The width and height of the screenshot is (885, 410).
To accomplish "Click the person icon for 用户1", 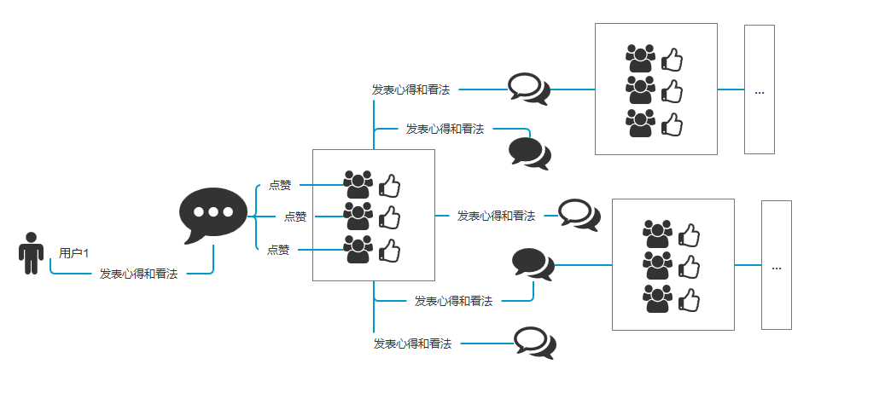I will click(32, 253).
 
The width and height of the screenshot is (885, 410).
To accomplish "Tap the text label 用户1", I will click(74, 253).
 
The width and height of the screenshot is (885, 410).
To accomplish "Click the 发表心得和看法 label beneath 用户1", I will click(138, 274).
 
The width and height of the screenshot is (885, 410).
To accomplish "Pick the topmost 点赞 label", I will click(280, 184).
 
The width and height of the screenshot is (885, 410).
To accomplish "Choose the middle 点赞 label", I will click(295, 217).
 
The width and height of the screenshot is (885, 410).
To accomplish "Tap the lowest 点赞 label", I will click(278, 250).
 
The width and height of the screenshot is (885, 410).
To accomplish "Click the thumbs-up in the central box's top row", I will click(390, 185).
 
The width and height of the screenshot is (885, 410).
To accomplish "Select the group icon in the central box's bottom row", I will click(358, 249).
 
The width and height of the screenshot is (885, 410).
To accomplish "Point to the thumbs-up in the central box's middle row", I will click(390, 217).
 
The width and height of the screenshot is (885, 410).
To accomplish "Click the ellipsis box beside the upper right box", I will click(759, 90).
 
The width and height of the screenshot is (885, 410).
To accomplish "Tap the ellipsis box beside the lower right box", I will click(776, 265).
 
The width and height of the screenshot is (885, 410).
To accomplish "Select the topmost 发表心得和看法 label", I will click(410, 89).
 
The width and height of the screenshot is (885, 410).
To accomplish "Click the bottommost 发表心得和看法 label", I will click(412, 344).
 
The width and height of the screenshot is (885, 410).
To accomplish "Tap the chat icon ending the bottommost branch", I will click(535, 343).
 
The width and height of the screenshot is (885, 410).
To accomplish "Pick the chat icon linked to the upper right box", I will click(528, 88).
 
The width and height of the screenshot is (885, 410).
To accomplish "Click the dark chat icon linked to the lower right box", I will click(533, 263).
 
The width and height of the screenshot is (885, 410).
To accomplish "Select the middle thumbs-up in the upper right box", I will click(672, 90).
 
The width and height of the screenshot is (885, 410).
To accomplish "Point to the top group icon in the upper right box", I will click(640, 58).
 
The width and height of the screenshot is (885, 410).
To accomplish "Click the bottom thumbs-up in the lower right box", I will click(690, 299).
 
